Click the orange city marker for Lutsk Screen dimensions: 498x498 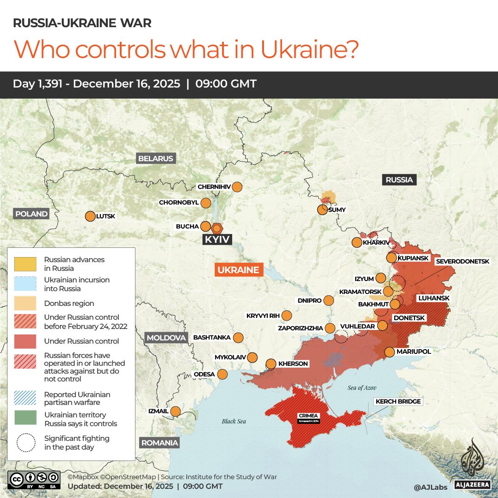pyautogui.click(x=90, y=216)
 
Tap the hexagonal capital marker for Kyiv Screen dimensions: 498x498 pyautogui.click(x=217, y=228)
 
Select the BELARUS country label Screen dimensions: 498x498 pyautogui.click(x=156, y=158)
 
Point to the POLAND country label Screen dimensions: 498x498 pyautogui.click(x=31, y=214)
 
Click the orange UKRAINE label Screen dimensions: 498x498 pyautogui.click(x=238, y=270)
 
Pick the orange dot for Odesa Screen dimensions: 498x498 pyautogui.click(x=223, y=374)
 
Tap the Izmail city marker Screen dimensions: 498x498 pyautogui.click(x=176, y=411)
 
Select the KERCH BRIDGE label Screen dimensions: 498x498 pyautogui.click(x=398, y=402)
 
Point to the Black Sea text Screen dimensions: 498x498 pyautogui.click(x=234, y=421)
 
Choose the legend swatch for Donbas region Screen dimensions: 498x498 pyautogui.click(x=25, y=303)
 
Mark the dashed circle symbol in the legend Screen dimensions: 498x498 pyautogui.click(x=25, y=442)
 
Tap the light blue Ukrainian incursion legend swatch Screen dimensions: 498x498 pyautogui.click(x=25, y=284)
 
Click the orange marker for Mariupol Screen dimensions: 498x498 pyautogui.click(x=389, y=352)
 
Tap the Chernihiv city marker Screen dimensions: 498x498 pyautogui.click(x=237, y=187)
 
